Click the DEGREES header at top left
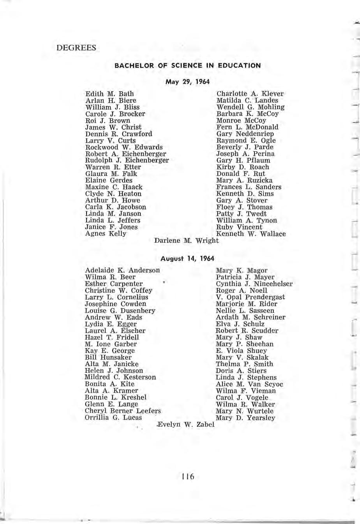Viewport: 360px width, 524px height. [76, 48]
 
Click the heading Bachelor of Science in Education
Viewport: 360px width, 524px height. [187, 65]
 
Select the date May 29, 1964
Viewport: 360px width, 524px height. [187, 82]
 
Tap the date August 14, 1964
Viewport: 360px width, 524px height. [187, 258]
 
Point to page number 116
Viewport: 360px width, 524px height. [187, 476]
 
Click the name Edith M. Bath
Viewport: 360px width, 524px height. [109, 94]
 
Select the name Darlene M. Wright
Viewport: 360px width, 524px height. [187, 241]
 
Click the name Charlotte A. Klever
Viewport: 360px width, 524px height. [250, 94]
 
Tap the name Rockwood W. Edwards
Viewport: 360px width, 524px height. [124, 147]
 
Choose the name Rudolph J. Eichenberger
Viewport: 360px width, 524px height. [127, 161]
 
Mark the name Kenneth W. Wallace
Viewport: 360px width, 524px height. [251, 234]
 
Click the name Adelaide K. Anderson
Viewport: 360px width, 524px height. [122, 270]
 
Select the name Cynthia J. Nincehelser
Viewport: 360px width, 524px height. [254, 284]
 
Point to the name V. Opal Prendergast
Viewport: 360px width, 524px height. [250, 297]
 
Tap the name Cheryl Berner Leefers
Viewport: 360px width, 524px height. [123, 411]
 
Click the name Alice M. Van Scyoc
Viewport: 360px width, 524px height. [249, 384]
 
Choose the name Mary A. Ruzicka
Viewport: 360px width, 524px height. [244, 180]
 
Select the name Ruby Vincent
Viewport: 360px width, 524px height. [239, 227]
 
